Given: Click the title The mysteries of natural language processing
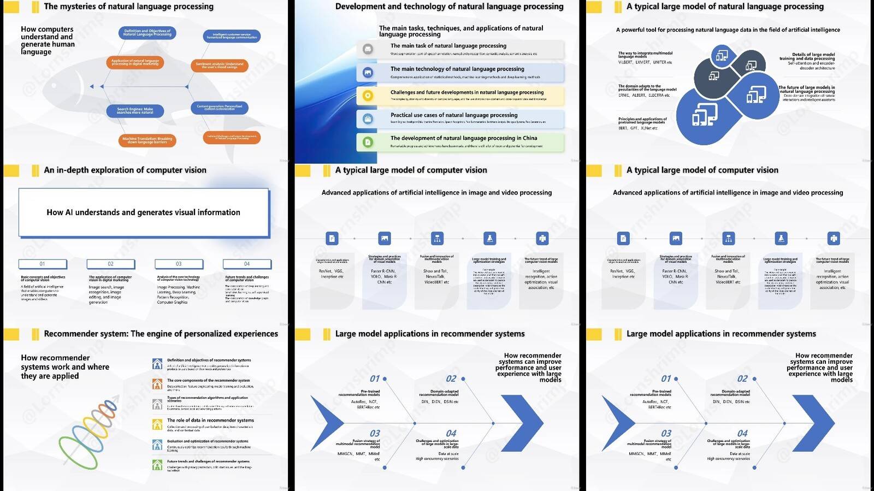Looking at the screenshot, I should coord(128,7).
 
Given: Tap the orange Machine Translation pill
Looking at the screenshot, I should coord(147,140).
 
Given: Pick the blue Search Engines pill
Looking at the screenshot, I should coord(135,111).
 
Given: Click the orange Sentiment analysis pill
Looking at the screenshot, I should coord(220,66).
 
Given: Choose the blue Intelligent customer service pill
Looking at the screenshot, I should coord(232,36).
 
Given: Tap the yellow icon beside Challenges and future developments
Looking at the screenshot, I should coord(368,96).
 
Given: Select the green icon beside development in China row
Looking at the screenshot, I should coord(368,142).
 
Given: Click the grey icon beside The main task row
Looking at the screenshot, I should coord(368,49).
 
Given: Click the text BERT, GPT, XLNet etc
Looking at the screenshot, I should coord(637,128).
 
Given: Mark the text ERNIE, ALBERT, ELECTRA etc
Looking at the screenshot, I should coord(643,96).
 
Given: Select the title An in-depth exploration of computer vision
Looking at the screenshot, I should coord(125,170).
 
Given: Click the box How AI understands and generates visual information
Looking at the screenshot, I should coord(144,212).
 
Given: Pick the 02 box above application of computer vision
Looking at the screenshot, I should coord(110,264).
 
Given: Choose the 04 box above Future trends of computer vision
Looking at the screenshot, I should coord(247,264).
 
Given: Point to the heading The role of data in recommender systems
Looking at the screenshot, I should coord(210,421).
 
